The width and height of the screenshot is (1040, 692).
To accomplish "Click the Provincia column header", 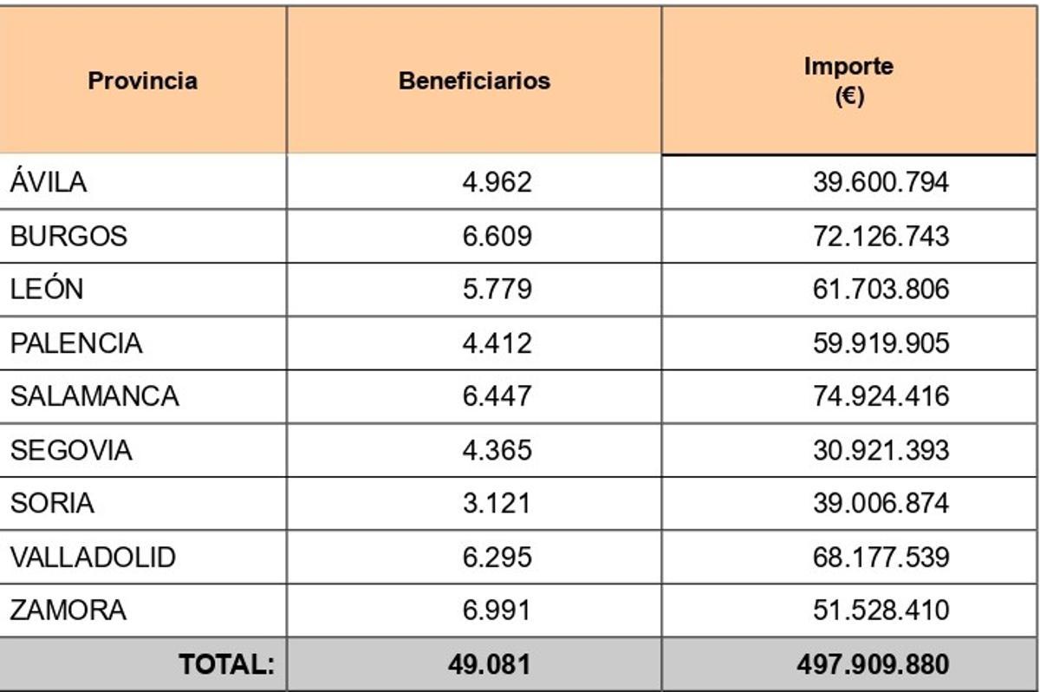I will pos(142,81).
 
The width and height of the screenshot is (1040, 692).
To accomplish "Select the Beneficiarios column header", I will pos(474,81).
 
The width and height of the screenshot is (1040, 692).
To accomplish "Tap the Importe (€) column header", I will pos(848,81).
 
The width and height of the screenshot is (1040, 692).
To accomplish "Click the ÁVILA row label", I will pos(49,182).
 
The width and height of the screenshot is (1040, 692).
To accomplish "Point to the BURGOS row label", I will pos(68,236).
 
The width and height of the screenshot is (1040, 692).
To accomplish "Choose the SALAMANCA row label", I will pos(94,396).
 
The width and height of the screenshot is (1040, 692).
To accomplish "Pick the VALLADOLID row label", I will pos(93,557).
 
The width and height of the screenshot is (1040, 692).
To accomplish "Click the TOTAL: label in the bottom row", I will pos(226,664).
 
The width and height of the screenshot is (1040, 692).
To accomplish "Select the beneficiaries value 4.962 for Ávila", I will pos(497,182).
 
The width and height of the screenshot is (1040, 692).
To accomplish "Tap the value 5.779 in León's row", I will pos(497,289).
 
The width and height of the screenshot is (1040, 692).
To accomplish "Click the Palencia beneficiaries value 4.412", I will pos(497,343).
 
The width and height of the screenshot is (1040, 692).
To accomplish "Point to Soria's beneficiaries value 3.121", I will pos(497,503).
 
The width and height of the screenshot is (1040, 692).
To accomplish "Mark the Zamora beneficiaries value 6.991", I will pos(497,610).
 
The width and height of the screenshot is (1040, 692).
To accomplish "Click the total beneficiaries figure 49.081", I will pos(490,664).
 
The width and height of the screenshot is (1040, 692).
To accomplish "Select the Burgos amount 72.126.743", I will pos(881,236).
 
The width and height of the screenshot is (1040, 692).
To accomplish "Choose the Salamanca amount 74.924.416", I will pos(881,396).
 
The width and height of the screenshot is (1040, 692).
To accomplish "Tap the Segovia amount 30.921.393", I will pos(881,450).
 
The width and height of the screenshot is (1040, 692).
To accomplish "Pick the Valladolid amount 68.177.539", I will pos(881,557).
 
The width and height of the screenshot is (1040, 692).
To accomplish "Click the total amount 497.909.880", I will pos(873,664).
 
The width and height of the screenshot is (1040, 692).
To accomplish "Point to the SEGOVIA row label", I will pos(71,450).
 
